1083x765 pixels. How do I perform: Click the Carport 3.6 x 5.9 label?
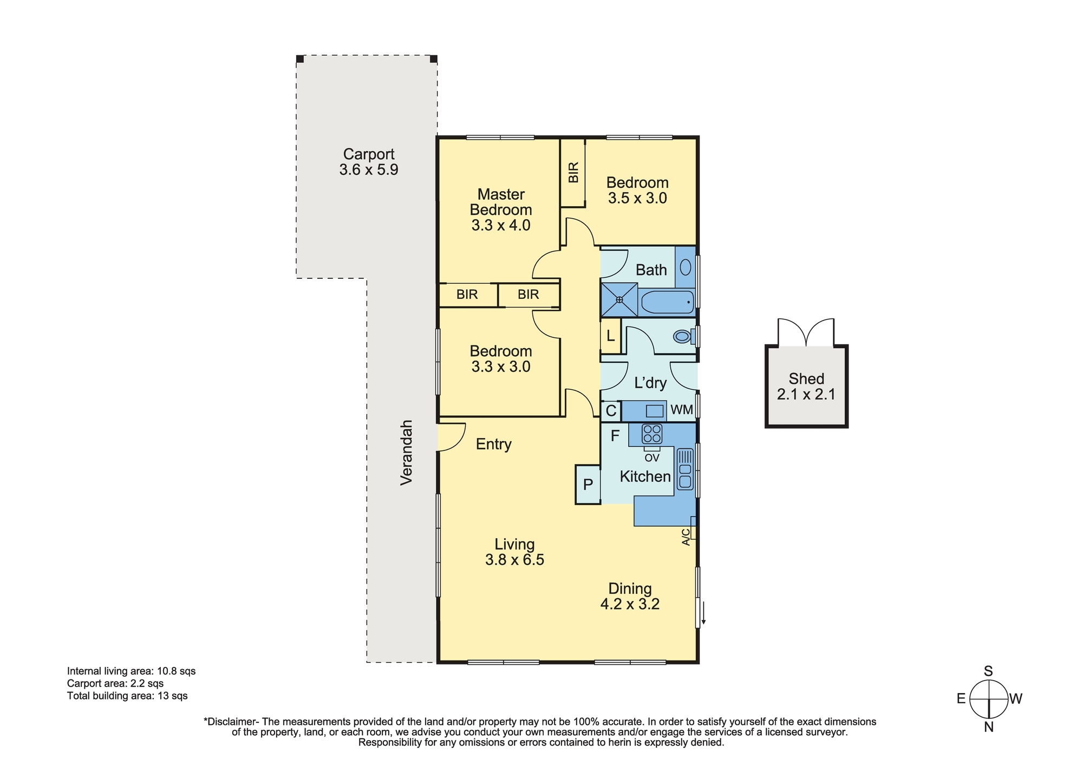[369, 162]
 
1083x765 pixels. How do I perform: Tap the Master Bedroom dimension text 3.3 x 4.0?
[501, 225]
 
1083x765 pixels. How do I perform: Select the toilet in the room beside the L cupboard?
[683, 337]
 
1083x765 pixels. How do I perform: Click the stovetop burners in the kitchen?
[652, 434]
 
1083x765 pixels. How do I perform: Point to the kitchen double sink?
[685, 469]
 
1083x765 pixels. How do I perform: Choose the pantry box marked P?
[588, 485]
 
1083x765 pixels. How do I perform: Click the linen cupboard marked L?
[610, 336]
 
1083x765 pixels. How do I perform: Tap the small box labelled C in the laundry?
[611, 411]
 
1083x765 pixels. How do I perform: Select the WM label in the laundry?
[682, 410]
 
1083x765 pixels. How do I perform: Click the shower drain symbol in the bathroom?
[619, 299]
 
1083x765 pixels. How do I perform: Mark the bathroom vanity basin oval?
[686, 267]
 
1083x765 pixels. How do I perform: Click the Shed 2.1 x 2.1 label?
[806, 387]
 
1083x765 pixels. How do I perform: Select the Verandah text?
[407, 452]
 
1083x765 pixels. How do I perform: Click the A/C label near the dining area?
[686, 537]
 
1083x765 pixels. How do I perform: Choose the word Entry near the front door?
[494, 444]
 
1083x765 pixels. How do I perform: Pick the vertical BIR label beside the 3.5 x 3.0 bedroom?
[573, 173]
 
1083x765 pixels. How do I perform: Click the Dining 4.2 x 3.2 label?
[630, 596]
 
